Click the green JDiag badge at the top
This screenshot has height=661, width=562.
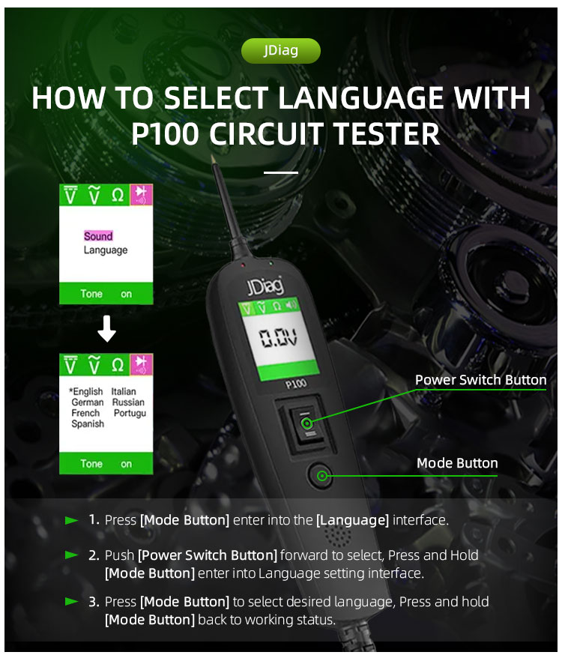pyautogui.click(x=281, y=51)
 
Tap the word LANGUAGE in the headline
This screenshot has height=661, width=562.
pyautogui.click(x=361, y=97)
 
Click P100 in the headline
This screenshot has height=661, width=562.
pyautogui.click(x=165, y=134)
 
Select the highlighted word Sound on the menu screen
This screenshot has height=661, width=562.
pyautogui.click(x=98, y=236)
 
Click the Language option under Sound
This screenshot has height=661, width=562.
pyautogui.click(x=106, y=250)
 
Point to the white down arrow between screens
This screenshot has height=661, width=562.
pyautogui.click(x=106, y=328)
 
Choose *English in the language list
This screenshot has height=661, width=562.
pyautogui.click(x=86, y=391)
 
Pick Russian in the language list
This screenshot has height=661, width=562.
pyautogui.click(x=128, y=402)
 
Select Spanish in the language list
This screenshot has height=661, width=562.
pyautogui.click(x=88, y=423)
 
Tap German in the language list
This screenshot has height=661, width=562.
pyautogui.click(x=87, y=402)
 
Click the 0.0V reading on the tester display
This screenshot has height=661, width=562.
pyautogui.click(x=278, y=337)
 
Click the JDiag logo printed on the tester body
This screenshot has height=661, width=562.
pyautogui.click(x=265, y=286)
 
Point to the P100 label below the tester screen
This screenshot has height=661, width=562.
pyautogui.click(x=295, y=384)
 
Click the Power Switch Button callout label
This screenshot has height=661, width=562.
pyautogui.click(x=480, y=380)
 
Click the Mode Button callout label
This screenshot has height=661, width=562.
pyautogui.click(x=457, y=463)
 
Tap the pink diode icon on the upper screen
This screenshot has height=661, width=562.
pyautogui.click(x=141, y=195)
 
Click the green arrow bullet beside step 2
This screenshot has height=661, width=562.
pyautogui.click(x=72, y=555)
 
